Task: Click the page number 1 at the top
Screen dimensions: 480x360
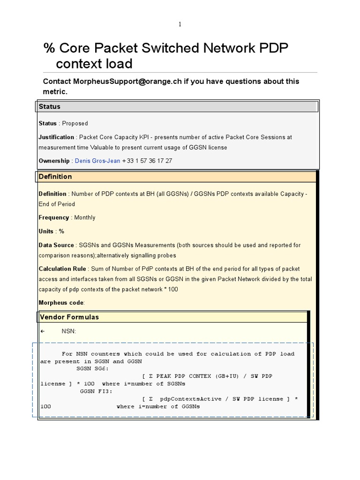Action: [x=180, y=25]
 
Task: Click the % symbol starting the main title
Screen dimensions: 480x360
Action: [x=49, y=48]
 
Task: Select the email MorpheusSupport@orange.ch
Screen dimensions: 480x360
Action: [x=112, y=82]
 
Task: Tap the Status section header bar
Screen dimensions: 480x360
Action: [x=177, y=107]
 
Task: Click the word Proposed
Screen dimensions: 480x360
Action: [x=75, y=124]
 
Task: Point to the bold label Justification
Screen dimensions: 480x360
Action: [x=56, y=137]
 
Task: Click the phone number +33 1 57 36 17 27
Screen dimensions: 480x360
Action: [x=147, y=161]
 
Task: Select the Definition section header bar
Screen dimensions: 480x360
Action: [x=177, y=177]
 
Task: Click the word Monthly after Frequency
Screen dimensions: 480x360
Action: [x=84, y=217]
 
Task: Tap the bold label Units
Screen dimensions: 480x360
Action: [x=46, y=232]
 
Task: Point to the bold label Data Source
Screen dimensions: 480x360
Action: [x=56, y=245]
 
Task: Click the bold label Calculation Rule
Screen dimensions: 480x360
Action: [x=62, y=269]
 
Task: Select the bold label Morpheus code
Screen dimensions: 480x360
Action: [x=61, y=303]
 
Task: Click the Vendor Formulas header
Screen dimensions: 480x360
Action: [x=69, y=317]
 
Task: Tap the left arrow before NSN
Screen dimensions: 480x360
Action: [x=42, y=331]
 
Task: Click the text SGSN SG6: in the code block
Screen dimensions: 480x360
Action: [x=92, y=369]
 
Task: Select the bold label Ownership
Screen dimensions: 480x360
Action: [x=54, y=161]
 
